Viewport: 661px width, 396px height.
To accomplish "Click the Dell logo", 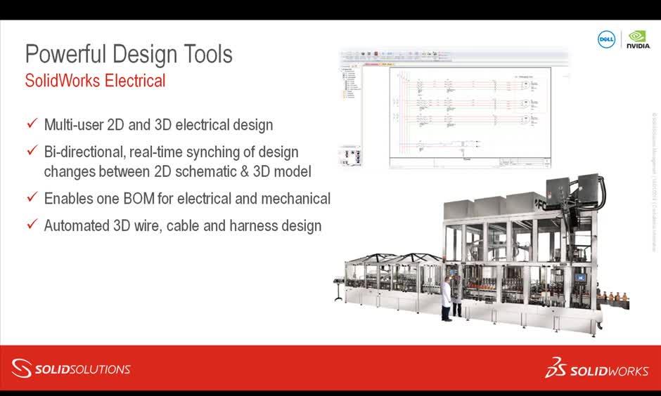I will click(x=606, y=39).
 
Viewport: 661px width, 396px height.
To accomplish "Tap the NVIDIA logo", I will click(x=638, y=39).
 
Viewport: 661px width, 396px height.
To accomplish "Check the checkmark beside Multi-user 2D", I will click(x=31, y=124).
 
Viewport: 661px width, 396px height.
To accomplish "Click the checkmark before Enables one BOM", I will click(x=31, y=198).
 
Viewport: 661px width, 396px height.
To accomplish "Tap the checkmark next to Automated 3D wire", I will click(x=31, y=225).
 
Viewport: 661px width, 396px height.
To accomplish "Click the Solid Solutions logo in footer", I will click(x=71, y=369).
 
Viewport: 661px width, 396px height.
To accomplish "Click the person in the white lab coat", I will click(x=446, y=298).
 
